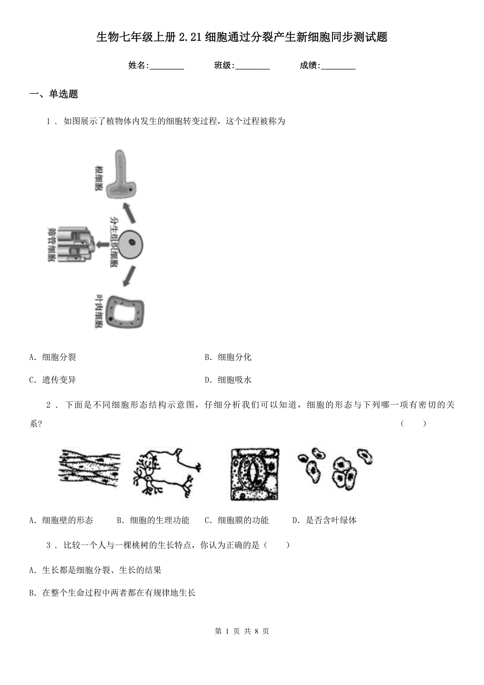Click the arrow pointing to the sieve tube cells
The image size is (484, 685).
click(x=102, y=244)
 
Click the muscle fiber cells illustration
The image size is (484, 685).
click(x=88, y=468)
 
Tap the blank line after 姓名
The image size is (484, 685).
click(x=167, y=67)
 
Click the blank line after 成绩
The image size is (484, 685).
click(x=338, y=67)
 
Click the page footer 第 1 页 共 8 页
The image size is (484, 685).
click(x=242, y=631)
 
